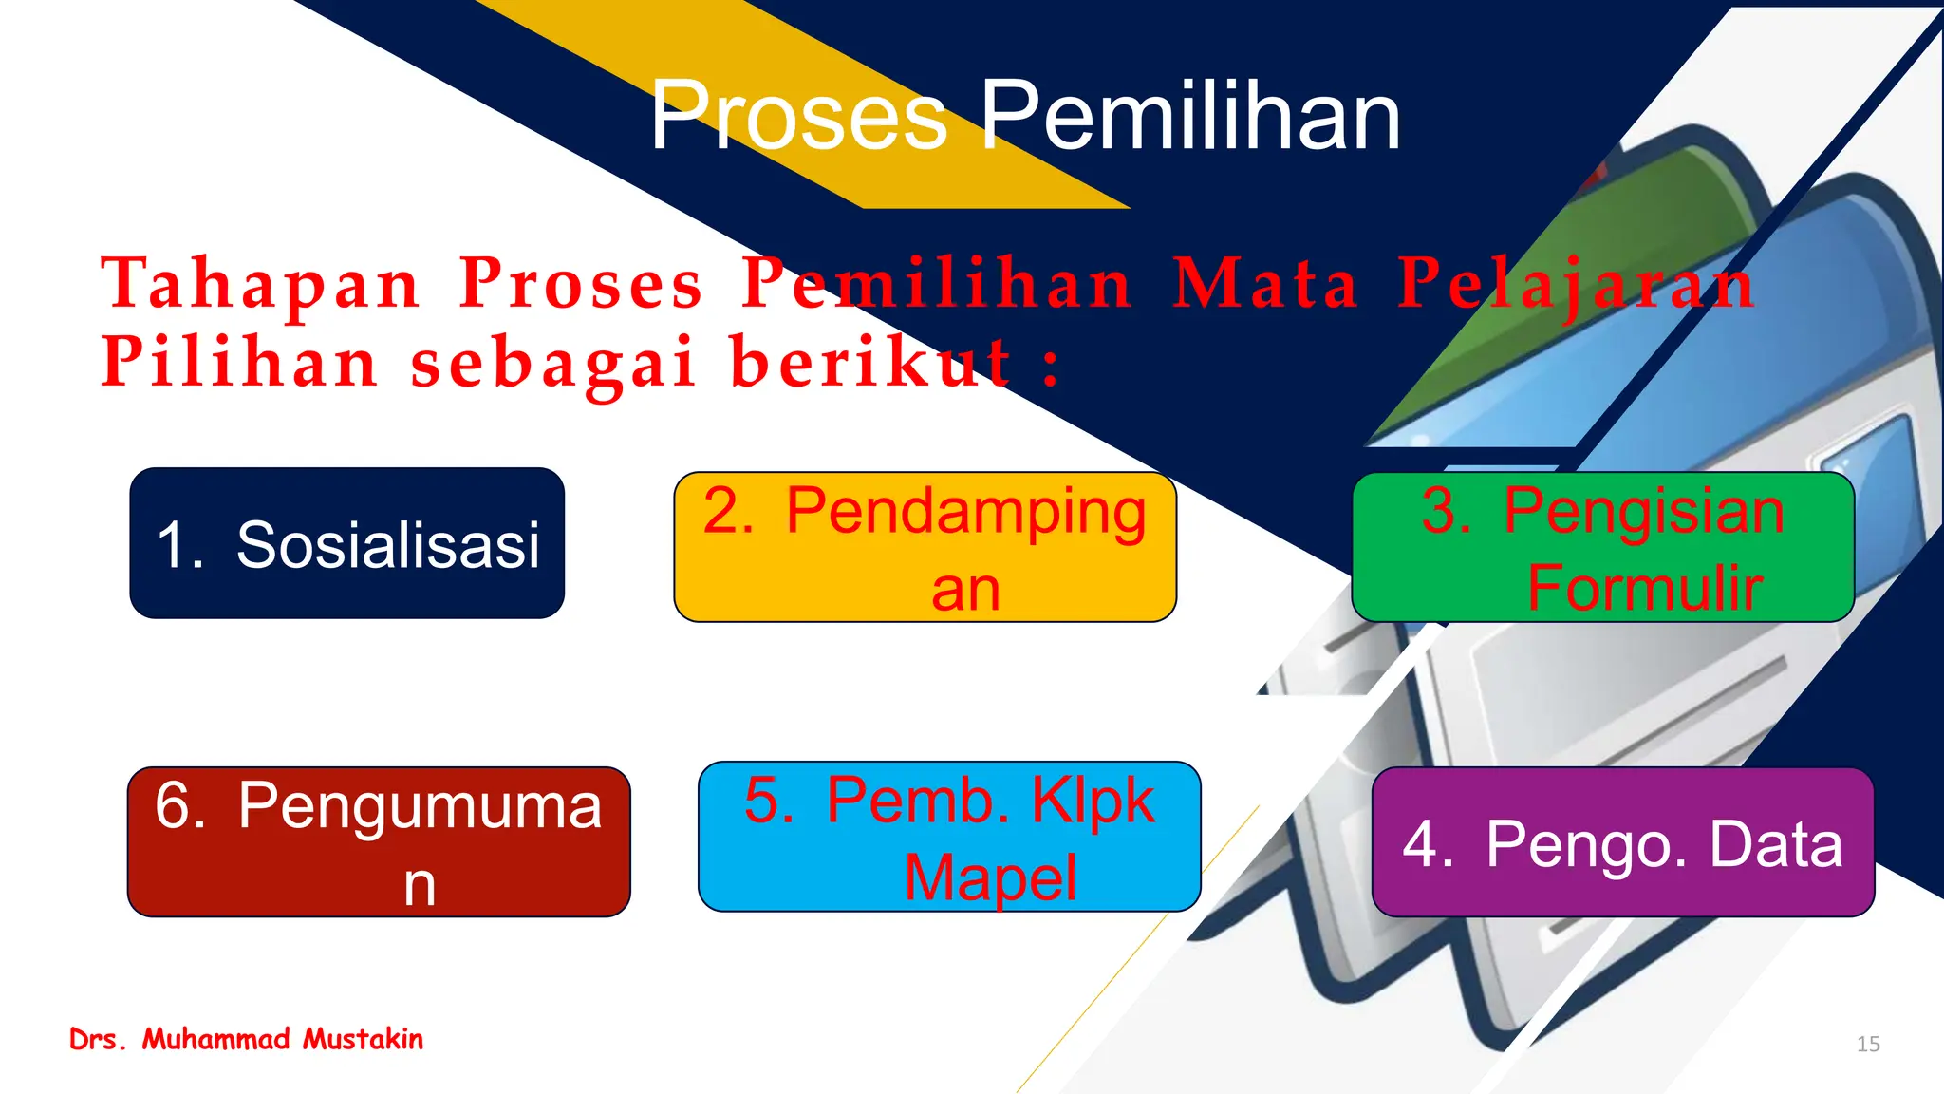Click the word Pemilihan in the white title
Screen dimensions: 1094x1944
click(x=1190, y=116)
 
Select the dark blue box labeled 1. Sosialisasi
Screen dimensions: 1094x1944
click(x=347, y=543)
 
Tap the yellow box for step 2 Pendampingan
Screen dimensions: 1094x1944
click(x=925, y=547)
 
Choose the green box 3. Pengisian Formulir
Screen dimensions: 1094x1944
click(x=1602, y=547)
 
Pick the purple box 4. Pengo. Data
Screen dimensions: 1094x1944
click(x=1622, y=842)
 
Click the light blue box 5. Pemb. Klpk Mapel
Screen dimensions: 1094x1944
click(x=949, y=837)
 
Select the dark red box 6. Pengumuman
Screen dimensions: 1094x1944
click(x=379, y=842)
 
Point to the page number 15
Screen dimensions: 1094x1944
click(x=1867, y=1044)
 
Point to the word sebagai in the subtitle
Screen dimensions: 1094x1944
click(x=555, y=363)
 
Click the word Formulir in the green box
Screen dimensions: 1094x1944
click(x=1644, y=588)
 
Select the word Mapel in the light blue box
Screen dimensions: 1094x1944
click(x=990, y=877)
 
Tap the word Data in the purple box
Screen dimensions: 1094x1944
click(x=1775, y=843)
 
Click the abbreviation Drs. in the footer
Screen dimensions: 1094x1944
click(x=98, y=1039)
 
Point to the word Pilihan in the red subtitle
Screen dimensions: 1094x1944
click(x=240, y=363)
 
